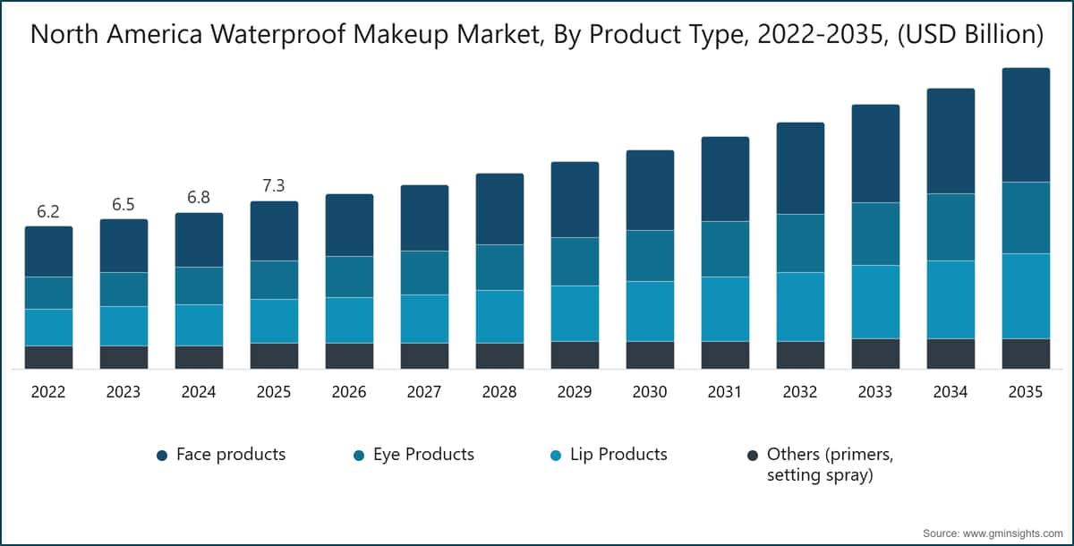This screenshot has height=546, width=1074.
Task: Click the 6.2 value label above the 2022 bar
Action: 48,212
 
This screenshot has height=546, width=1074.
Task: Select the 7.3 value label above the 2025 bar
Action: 274,186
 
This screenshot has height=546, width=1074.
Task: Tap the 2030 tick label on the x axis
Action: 650,392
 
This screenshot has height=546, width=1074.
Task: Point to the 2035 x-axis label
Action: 1026,392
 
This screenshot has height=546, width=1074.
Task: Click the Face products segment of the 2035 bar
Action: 1026,125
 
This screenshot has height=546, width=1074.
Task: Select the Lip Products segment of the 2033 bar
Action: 875,302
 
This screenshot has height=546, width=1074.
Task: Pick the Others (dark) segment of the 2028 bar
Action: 499,355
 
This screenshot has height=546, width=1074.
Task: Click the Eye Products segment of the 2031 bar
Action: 725,249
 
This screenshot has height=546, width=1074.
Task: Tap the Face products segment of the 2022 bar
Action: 48,252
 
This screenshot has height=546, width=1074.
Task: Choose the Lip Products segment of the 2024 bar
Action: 199,325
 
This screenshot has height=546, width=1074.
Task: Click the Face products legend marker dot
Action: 162,456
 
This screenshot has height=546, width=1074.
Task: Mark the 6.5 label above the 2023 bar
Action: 124,205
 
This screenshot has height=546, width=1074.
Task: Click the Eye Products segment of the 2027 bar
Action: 424,272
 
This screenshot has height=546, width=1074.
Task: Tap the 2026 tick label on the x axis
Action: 349,392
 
